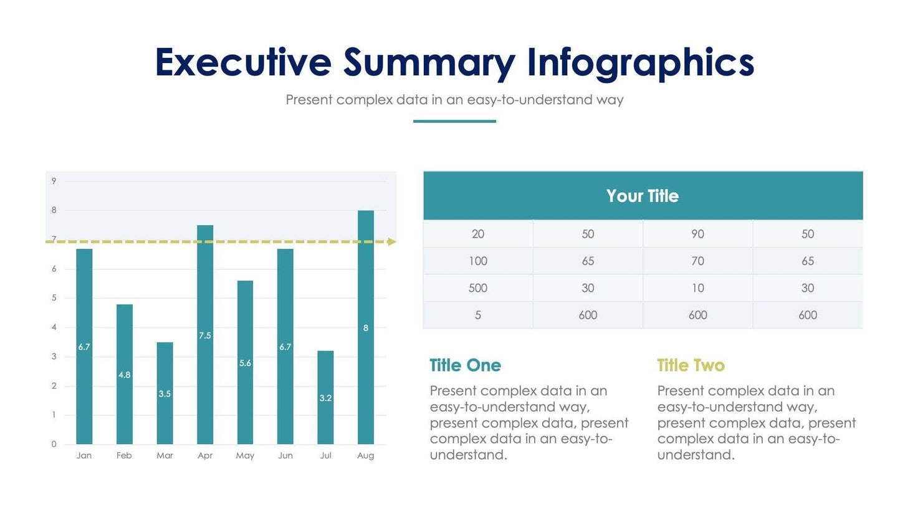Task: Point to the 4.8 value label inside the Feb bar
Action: click(124, 375)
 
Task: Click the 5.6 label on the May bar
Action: click(245, 363)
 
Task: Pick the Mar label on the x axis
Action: click(165, 456)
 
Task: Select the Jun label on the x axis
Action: click(285, 456)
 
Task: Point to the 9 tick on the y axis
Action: click(54, 181)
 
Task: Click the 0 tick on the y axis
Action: click(54, 444)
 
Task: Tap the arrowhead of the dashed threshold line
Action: click(391, 241)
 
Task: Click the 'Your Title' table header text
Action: click(642, 196)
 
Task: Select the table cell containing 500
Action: click(478, 288)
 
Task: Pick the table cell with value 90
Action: click(697, 234)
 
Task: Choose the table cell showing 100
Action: click(478, 261)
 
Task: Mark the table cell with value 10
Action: click(697, 288)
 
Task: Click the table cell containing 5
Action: click(478, 316)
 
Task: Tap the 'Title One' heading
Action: click(465, 365)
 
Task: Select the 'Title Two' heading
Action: click(691, 365)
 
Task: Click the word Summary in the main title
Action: click(429, 63)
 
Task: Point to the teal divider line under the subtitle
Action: click(454, 121)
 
